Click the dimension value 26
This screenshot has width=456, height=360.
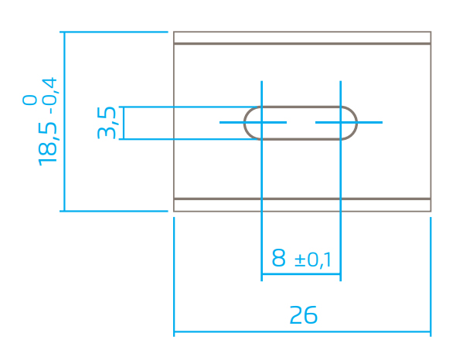[303, 315]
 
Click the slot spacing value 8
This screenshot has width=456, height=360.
[278, 258]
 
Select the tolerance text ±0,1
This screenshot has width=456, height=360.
[312, 260]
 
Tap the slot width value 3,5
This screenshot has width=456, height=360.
[107, 123]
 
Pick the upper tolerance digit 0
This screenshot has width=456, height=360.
[30, 100]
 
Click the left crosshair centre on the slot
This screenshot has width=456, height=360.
[262, 122]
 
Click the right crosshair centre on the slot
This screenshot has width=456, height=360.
[341, 122]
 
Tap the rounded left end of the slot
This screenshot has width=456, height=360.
[244, 123]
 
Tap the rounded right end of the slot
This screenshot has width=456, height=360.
[356, 123]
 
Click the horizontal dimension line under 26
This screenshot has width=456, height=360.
[302, 331]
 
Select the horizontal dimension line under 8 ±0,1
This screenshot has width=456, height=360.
[301, 274]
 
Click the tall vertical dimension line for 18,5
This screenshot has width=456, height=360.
[64, 121]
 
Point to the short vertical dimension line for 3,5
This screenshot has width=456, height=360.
[124, 123]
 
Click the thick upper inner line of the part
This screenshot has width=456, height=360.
[302, 44]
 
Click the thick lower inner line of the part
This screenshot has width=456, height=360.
[302, 199]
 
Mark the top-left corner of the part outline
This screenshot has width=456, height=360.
[174, 32]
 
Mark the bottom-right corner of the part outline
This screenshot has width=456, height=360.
[430, 211]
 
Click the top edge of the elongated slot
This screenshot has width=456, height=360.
[301, 107]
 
